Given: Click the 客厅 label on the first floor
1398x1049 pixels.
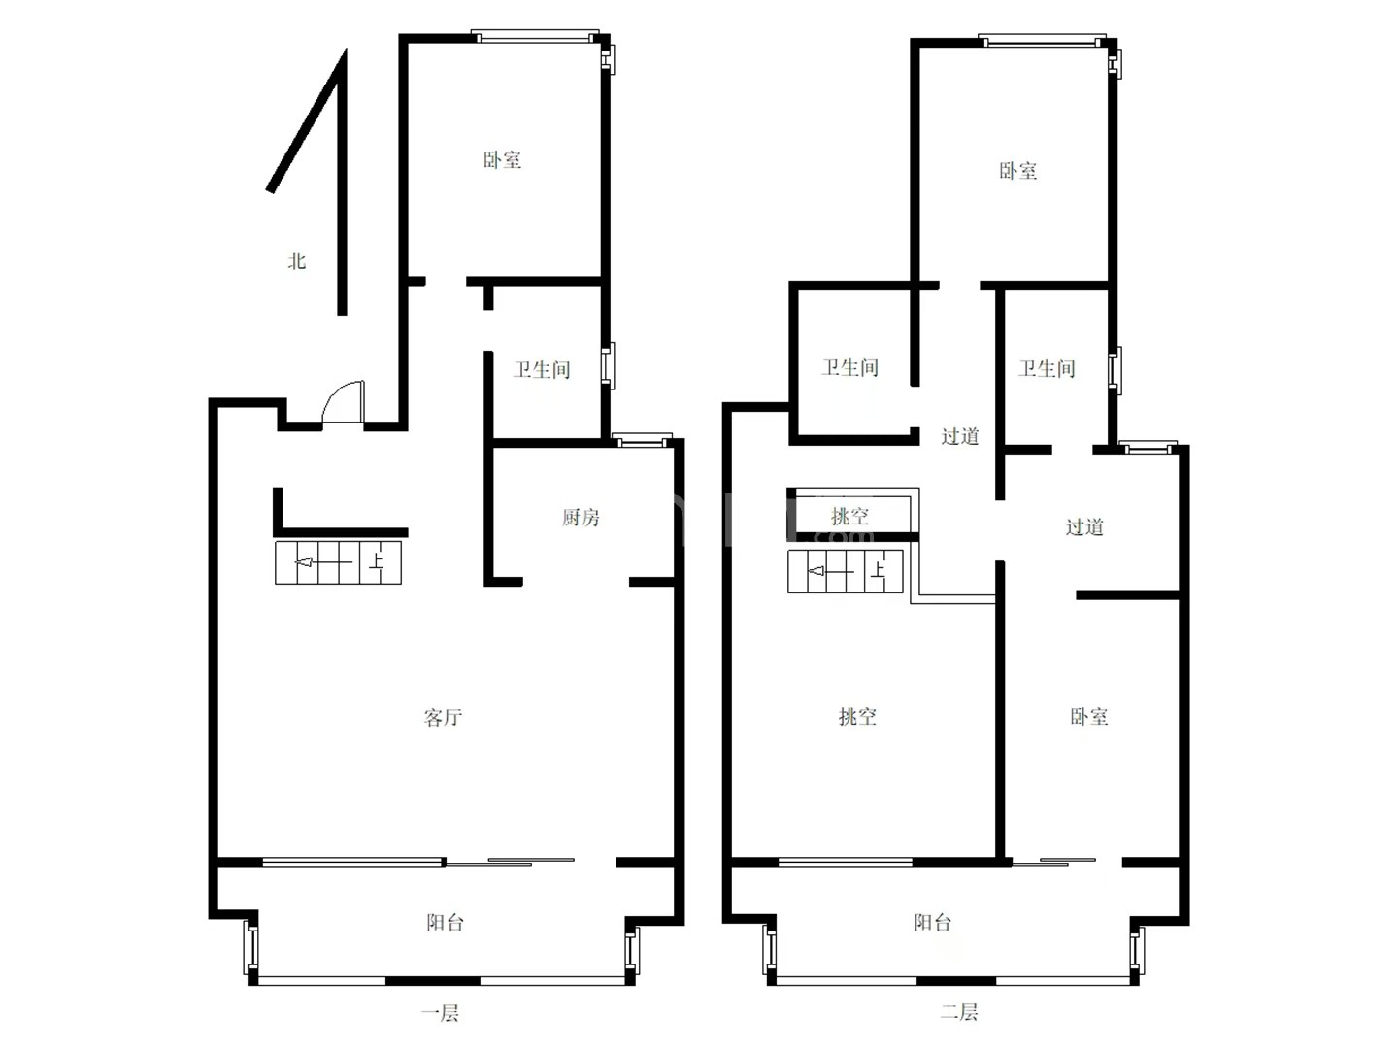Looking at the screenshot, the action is [x=443, y=717].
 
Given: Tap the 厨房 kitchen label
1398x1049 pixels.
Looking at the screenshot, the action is [x=581, y=517].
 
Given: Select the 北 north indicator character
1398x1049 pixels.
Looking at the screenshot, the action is [x=297, y=260].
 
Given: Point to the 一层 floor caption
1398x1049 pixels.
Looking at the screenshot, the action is [x=440, y=1013].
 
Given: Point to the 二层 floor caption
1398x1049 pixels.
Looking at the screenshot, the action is [x=958, y=1011].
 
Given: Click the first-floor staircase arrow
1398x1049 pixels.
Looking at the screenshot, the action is [x=323, y=562].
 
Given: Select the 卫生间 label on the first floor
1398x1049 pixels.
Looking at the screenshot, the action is [x=542, y=369].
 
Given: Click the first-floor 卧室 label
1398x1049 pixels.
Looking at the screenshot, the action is [x=502, y=159].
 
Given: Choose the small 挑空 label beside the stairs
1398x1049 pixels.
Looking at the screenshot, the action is [x=849, y=516].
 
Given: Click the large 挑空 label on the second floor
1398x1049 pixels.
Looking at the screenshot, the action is [x=857, y=717].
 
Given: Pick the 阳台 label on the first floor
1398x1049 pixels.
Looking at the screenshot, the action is [x=446, y=923].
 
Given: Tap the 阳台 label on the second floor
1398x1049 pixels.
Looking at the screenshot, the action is [x=932, y=923].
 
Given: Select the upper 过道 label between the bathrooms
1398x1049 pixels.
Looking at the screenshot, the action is [x=960, y=436].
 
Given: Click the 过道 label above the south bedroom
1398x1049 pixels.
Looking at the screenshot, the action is [x=1084, y=526].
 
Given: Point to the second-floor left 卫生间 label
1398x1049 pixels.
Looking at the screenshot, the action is [x=849, y=367].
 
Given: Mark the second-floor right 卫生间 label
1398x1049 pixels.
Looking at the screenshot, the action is [x=1047, y=368].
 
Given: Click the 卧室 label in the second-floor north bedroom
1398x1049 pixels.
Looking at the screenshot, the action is [x=1017, y=171].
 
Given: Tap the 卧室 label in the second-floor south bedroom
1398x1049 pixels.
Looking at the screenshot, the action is [x=1088, y=717].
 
